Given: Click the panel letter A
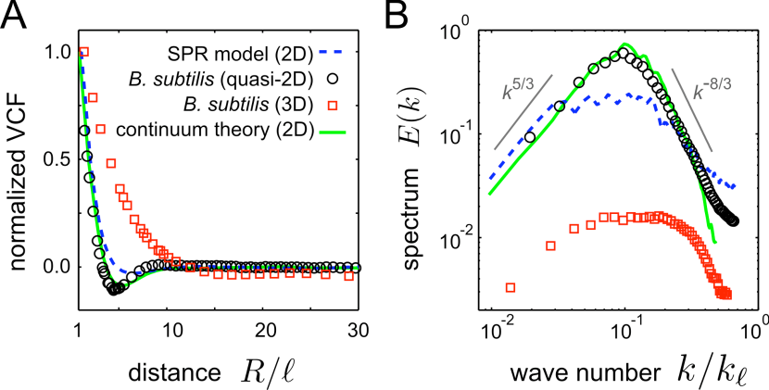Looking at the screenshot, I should (17, 17).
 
